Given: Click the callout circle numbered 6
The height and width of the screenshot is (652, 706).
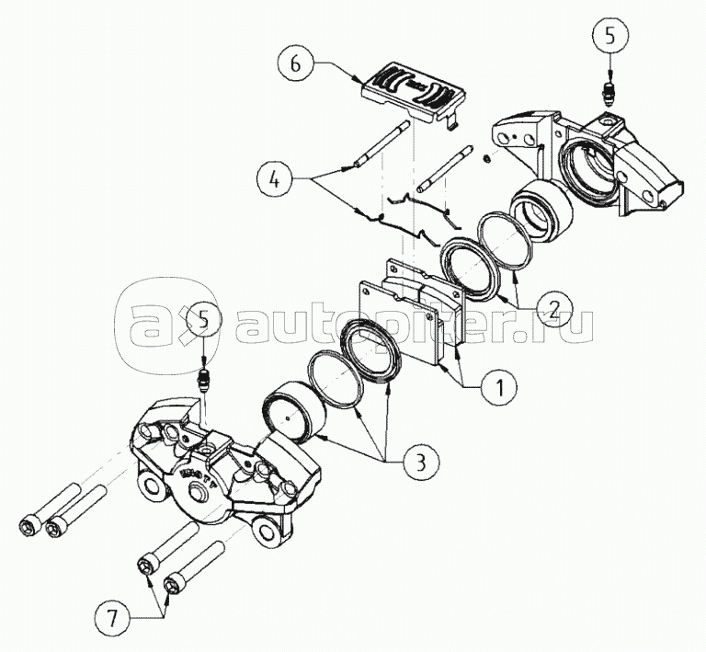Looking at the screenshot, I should click(x=294, y=65).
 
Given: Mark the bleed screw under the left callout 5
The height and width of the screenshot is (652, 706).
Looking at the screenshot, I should click(x=204, y=379).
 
